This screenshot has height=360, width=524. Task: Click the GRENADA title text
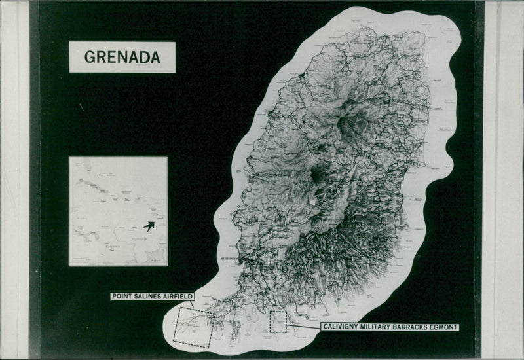tap(122, 57)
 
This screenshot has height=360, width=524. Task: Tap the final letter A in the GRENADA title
tap(155, 57)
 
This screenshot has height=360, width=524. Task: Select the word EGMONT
tap(445, 327)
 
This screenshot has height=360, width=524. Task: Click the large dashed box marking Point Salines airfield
tap(193, 327)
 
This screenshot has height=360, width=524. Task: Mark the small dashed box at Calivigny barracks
tap(278, 321)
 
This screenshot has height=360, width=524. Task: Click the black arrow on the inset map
tap(149, 226)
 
